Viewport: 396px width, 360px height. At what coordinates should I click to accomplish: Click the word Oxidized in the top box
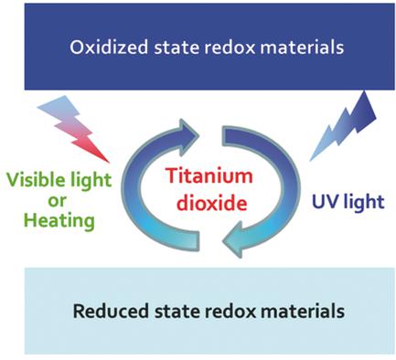102,46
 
